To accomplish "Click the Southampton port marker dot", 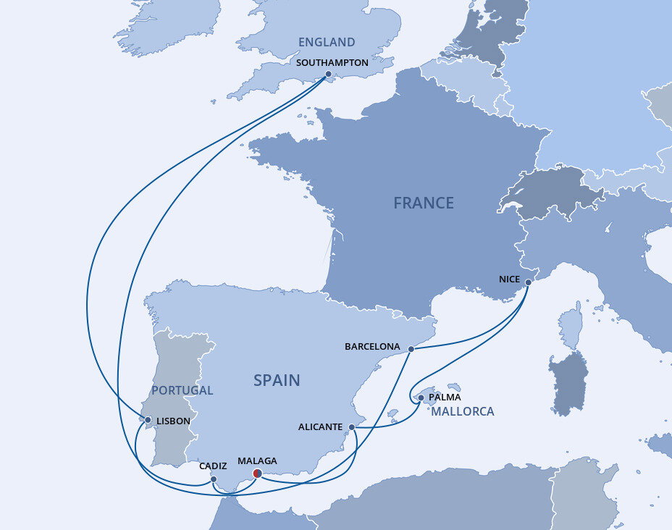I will coord(328,74).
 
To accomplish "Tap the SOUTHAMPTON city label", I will coord(332,63).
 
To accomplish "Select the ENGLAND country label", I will coord(327,43).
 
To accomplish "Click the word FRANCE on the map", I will coord(424,203).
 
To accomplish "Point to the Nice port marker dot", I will coord(527,282).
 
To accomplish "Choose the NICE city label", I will coord(510,279).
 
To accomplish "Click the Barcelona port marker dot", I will coord(411,349).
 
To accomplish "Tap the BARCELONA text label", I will coord(372,347).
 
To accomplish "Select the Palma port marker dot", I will coord(421,397).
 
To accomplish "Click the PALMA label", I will coord(445,397).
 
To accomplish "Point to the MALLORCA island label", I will coord(463,411).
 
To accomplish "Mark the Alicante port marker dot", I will coord(352,427).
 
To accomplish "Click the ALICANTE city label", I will coord(320,427).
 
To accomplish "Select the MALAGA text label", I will coord(257,460).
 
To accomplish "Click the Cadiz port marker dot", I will coord(214,479).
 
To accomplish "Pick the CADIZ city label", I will coord(213,466).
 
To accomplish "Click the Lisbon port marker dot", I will coord(148,420).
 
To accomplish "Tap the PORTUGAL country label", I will coord(182,390).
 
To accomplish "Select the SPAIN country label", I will coord(277,380).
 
